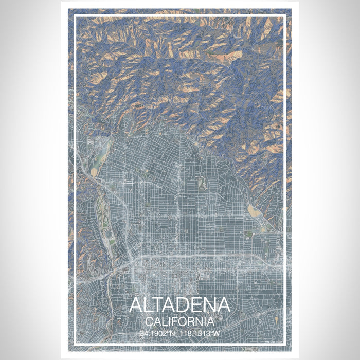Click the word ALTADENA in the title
click(179, 305)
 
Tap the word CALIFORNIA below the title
click(179, 321)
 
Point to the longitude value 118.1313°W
click(201, 333)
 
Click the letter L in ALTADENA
click(150, 305)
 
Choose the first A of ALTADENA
click(137, 305)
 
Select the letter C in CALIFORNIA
click(149, 321)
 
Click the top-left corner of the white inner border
click(74, 15)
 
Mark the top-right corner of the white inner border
click(285, 15)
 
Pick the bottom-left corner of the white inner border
click(74, 344)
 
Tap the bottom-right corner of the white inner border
click(285, 344)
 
